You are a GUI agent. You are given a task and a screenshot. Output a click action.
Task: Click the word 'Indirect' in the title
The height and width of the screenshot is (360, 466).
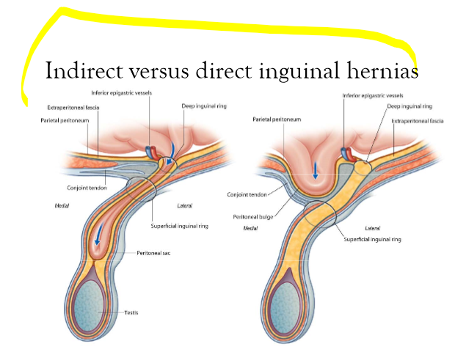(x=84, y=70)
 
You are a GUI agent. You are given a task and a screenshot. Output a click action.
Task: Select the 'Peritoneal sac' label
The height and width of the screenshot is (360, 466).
(x=153, y=253)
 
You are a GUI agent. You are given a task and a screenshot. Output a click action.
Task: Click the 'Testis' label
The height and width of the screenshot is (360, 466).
(x=131, y=312)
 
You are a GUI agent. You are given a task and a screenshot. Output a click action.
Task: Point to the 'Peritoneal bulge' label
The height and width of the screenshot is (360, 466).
(x=253, y=217)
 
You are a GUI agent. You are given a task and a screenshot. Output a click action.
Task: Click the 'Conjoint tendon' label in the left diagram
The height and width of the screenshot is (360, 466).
(x=87, y=188)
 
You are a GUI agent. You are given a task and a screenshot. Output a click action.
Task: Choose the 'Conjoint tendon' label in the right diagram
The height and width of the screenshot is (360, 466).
(x=247, y=194)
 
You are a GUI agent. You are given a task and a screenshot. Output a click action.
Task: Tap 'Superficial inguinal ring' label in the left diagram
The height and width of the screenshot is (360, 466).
(x=180, y=226)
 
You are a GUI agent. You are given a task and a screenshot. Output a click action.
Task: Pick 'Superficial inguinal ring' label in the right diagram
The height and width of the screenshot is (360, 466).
(x=372, y=239)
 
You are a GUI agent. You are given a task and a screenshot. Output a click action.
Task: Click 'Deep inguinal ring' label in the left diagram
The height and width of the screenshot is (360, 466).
(x=204, y=106)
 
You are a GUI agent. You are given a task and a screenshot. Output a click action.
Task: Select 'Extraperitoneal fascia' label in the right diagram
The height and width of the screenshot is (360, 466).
(x=418, y=121)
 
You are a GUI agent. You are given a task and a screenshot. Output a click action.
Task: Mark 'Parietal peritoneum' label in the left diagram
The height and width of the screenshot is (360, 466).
(x=65, y=120)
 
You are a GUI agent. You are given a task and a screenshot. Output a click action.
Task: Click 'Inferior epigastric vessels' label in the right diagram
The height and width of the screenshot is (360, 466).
(x=373, y=95)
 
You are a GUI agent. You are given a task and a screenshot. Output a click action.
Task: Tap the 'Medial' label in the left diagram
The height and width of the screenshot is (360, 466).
(x=62, y=205)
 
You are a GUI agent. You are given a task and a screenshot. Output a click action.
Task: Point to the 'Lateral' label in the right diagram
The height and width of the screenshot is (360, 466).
(x=372, y=228)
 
